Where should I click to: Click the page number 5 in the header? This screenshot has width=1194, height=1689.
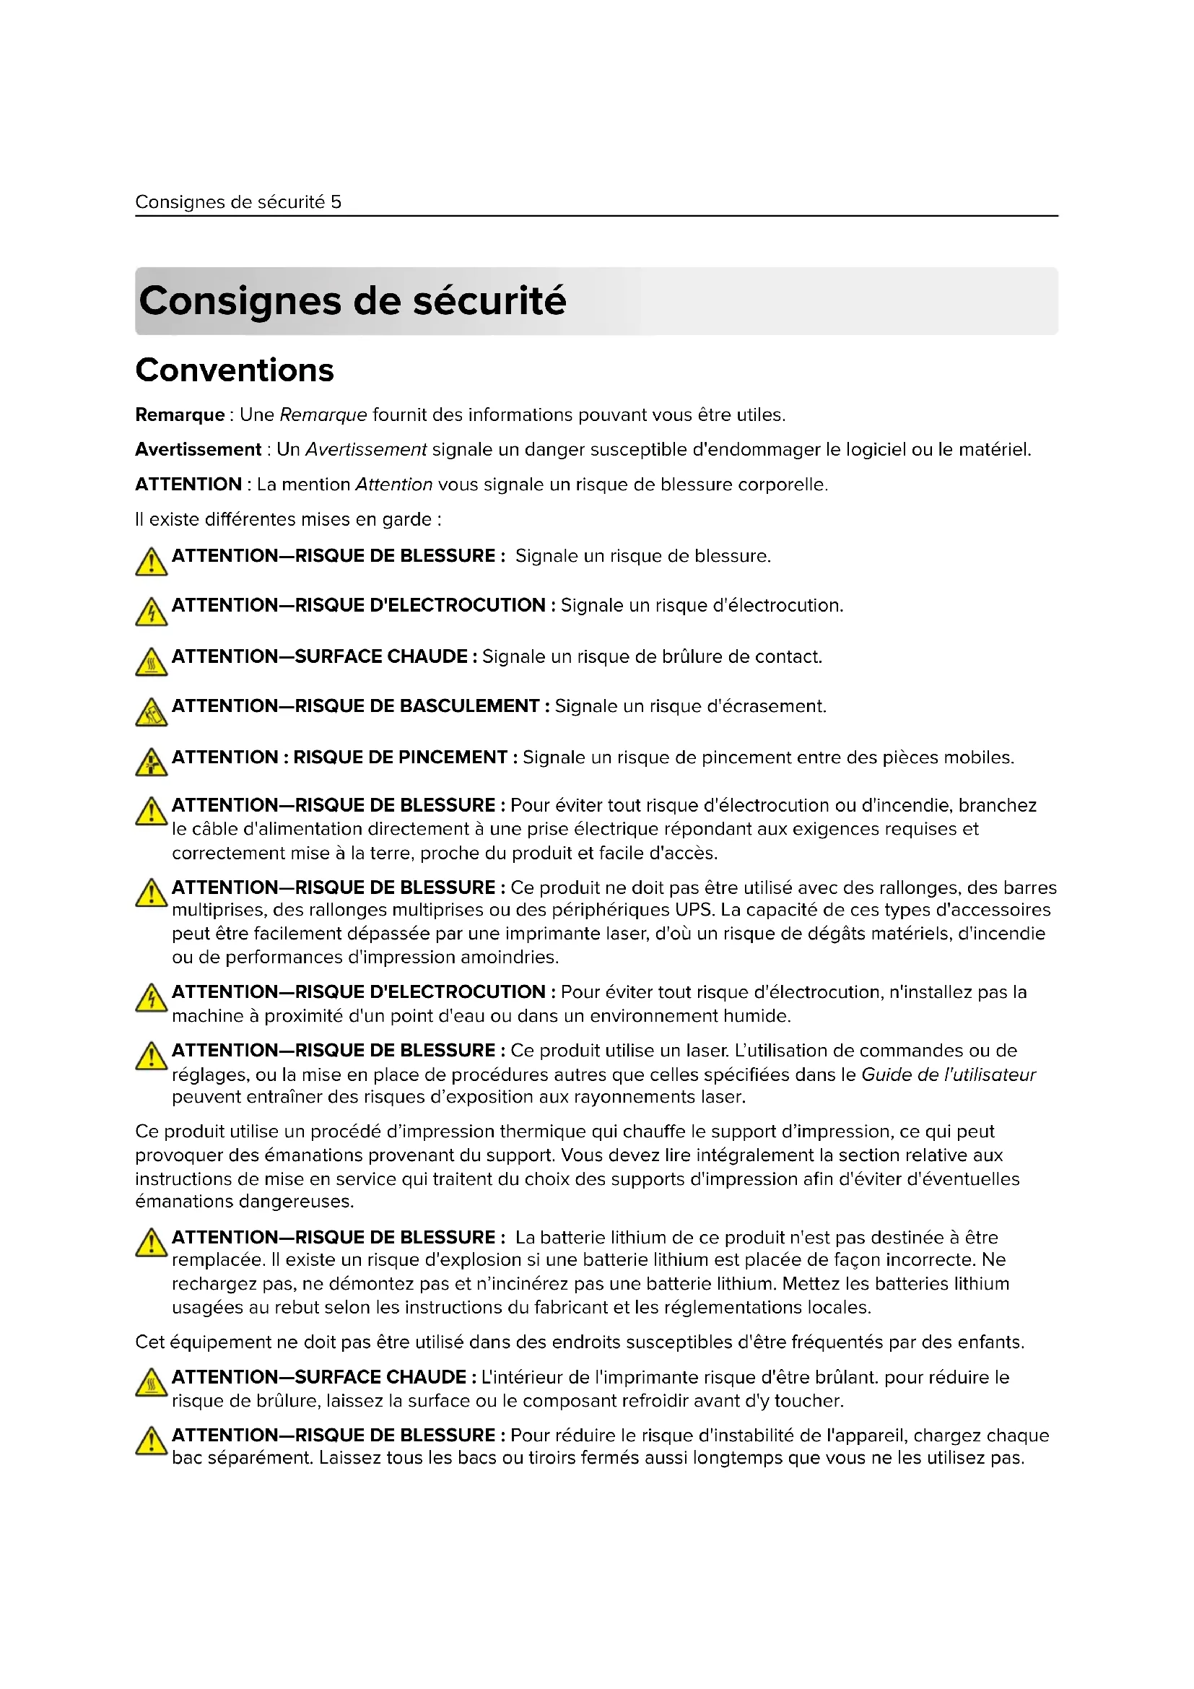pos(336,202)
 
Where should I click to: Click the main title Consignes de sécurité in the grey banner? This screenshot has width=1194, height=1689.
pos(352,301)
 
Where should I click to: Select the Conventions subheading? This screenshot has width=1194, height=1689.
pos(235,370)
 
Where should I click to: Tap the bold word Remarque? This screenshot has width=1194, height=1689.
pos(180,415)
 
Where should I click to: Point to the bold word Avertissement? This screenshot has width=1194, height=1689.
pos(198,449)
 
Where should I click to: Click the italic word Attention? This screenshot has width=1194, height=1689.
pos(393,485)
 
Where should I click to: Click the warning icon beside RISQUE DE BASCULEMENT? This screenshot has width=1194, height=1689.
pos(152,712)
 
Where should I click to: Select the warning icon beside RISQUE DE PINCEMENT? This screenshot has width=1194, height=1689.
pos(152,763)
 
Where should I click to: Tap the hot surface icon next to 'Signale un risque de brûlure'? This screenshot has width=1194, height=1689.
pos(152,662)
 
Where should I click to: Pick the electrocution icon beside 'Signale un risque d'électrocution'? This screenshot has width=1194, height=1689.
pos(152,612)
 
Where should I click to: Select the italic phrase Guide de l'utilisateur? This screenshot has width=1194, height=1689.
pos(948,1074)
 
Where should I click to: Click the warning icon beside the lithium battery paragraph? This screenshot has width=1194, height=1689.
pos(152,1243)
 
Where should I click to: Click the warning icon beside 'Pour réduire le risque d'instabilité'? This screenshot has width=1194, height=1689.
pos(152,1441)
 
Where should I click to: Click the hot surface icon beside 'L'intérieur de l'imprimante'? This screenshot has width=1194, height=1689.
pos(152,1382)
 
